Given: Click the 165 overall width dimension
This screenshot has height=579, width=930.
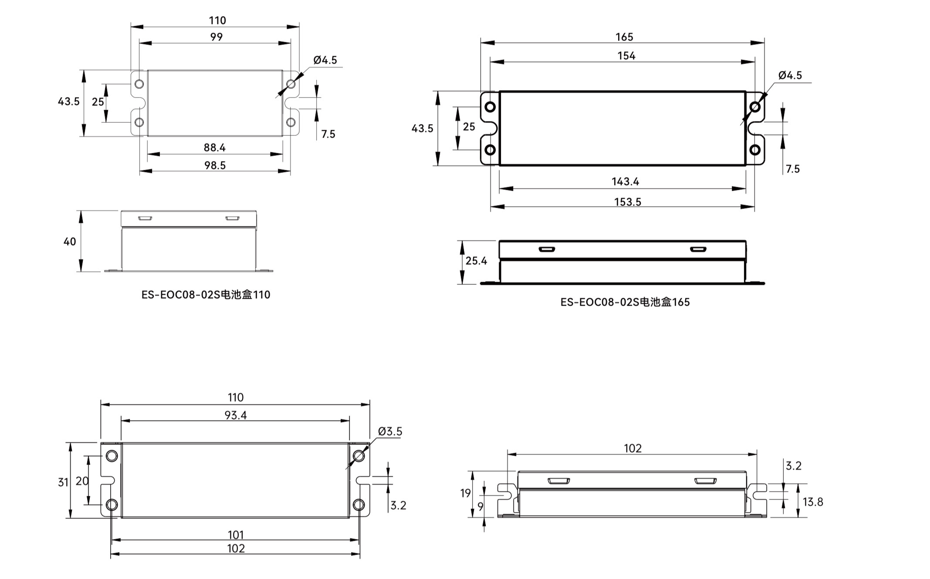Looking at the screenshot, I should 624,37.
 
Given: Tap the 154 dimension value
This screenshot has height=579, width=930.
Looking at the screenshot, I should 626,56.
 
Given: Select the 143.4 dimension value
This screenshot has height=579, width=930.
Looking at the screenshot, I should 625,182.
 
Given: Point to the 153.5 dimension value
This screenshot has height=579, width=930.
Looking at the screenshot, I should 627,202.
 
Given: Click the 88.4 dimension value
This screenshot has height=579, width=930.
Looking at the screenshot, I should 214,148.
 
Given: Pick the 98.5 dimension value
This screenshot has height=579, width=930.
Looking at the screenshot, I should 215,165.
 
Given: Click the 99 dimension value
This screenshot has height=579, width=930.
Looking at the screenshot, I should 216,37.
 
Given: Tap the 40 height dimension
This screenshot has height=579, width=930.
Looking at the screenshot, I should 70,242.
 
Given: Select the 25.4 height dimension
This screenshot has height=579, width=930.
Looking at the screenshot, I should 476,261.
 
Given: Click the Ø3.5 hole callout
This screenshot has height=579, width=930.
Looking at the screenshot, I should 390,431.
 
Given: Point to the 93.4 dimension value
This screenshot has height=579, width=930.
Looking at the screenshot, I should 236,415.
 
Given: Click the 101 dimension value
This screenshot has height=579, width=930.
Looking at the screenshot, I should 236,535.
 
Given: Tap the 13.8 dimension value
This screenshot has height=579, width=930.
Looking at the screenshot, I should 812,502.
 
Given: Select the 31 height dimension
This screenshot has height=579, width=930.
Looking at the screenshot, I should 63,482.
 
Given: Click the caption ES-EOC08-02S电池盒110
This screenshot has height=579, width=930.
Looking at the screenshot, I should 206,295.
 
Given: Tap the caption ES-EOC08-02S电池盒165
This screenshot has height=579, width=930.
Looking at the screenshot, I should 625,302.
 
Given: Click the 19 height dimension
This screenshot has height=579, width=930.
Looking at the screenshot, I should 465,493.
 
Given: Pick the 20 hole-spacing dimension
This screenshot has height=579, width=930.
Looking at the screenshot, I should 82,481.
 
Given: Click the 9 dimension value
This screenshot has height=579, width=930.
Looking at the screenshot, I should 480,507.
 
